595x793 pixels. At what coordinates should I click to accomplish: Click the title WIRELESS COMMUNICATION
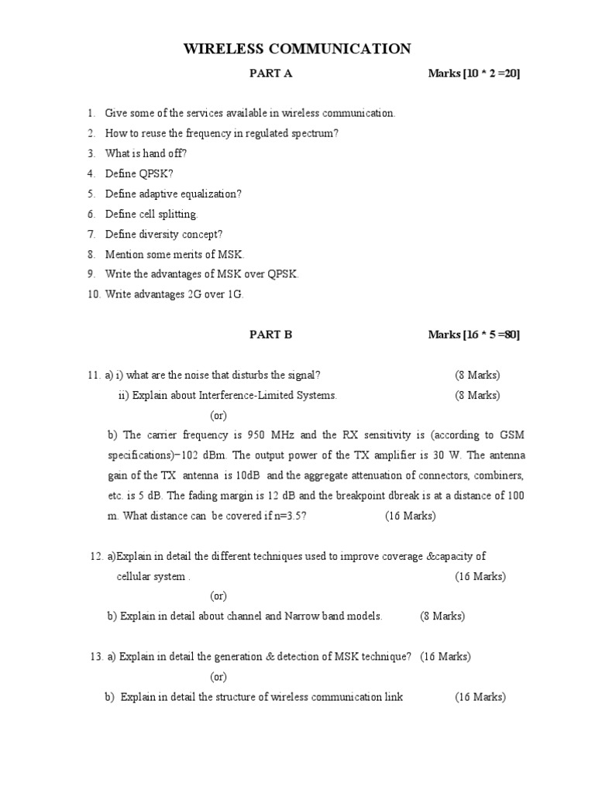click(x=297, y=50)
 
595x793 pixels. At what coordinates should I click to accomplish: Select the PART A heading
click(x=270, y=74)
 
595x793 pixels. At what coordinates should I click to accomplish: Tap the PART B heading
click(x=270, y=335)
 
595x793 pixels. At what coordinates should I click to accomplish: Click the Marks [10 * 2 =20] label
click(x=473, y=74)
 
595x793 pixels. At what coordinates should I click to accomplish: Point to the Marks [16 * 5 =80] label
click(x=473, y=335)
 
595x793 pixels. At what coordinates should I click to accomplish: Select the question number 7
click(x=91, y=234)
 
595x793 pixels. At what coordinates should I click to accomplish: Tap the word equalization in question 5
click(x=209, y=194)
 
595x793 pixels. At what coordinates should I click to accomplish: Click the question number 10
click(x=93, y=294)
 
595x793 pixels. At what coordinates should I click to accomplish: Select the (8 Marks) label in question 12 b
click(x=442, y=616)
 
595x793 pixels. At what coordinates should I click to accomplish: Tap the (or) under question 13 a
click(x=218, y=677)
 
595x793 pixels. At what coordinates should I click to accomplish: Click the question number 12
click(x=97, y=556)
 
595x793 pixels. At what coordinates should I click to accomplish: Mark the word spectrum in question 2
click(x=315, y=133)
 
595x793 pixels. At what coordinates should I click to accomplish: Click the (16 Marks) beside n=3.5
click(x=411, y=516)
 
